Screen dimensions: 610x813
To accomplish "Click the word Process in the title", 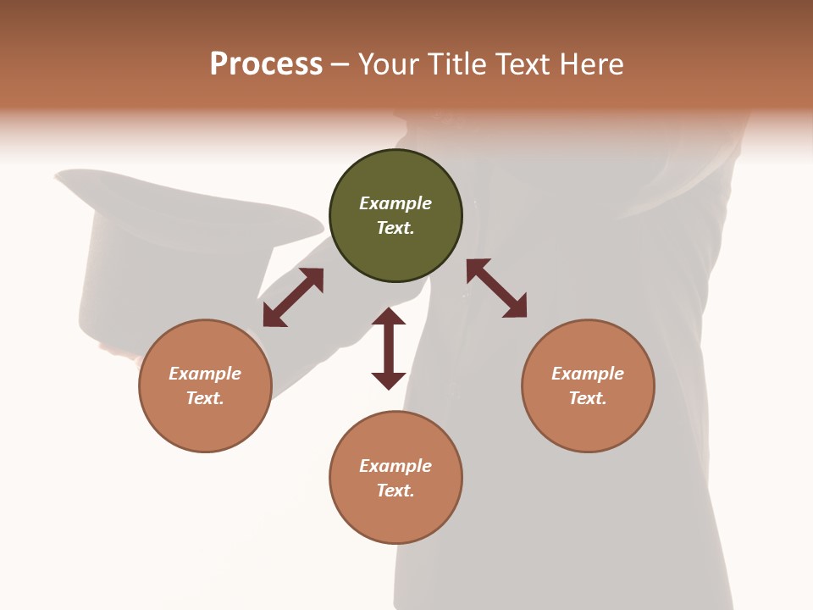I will (266, 64).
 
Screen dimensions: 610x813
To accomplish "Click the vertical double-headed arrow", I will (389, 348).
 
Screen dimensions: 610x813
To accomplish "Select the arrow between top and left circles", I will (293, 297).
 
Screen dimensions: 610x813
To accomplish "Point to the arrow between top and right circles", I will (496, 288).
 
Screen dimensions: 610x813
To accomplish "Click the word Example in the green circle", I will (395, 203).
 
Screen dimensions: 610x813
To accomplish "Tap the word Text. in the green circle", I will (395, 228).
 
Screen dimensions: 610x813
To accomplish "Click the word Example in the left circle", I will (205, 374).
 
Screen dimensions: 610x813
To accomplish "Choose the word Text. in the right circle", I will (588, 398).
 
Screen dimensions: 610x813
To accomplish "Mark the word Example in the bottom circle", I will (395, 466).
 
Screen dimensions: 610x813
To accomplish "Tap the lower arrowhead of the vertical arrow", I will (389, 380).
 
